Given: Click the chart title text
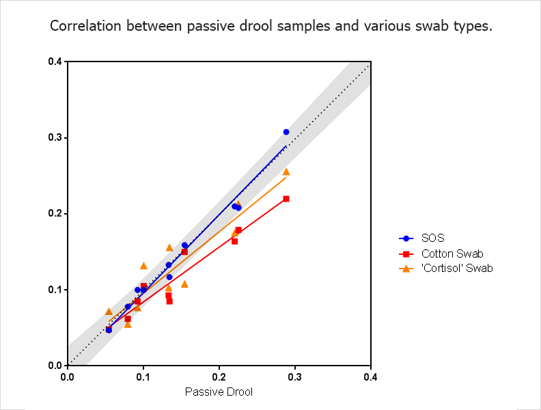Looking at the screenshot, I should coord(270,27).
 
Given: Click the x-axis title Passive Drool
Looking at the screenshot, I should coord(219,392).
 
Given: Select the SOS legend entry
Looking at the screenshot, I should coord(432,238).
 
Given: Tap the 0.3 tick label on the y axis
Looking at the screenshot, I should coord(55,137).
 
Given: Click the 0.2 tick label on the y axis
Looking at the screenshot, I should coord(55,214).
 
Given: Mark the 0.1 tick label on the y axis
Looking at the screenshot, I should coord(55,290).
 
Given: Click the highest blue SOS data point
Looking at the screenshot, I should coord(286,132).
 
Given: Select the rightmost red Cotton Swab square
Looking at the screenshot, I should coord(286,199).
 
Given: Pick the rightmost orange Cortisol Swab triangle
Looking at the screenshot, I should coord(286,172).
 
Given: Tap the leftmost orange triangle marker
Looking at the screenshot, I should coord(109,312).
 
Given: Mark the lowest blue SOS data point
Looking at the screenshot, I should coord(109,329).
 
